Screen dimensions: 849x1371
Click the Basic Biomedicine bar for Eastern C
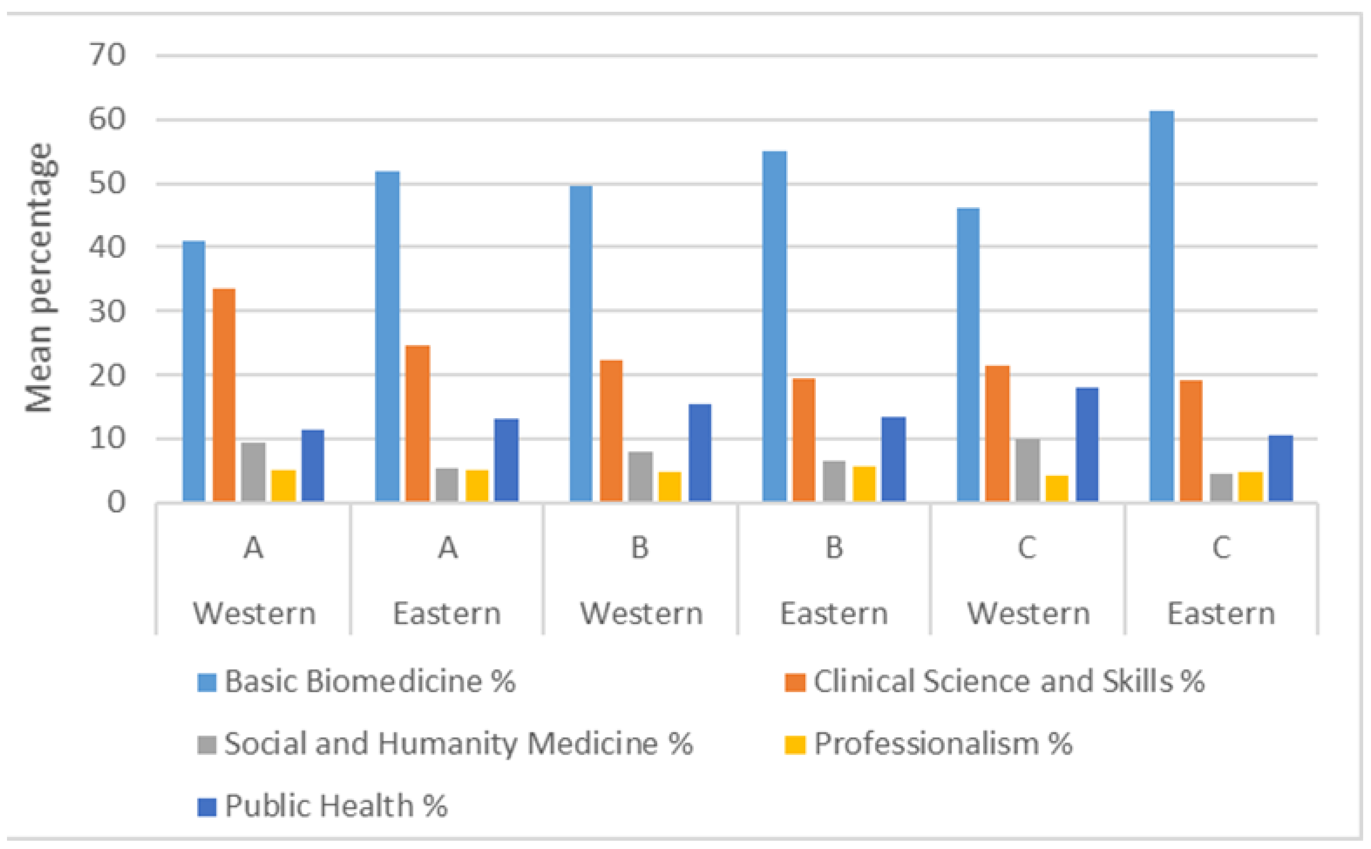(1161, 306)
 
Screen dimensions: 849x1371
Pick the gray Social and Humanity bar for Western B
(640, 476)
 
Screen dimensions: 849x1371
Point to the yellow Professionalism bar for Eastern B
(864, 484)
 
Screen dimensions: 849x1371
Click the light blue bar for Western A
(193, 371)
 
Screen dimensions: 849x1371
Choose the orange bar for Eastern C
(1191, 441)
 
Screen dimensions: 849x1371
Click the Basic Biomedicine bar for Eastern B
(774, 326)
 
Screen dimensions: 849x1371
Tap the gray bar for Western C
(1028, 470)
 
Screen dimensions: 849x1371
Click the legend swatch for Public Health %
(207, 807)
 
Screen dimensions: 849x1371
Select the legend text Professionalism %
(943, 744)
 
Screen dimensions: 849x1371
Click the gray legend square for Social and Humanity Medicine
(207, 744)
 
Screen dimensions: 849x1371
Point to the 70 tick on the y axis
(107, 55)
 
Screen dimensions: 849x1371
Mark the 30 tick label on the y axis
(107, 311)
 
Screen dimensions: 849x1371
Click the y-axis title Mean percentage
(41, 278)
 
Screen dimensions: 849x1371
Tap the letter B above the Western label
(640, 548)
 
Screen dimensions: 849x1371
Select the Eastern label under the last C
(1221, 614)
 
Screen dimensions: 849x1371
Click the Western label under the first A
(254, 614)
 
